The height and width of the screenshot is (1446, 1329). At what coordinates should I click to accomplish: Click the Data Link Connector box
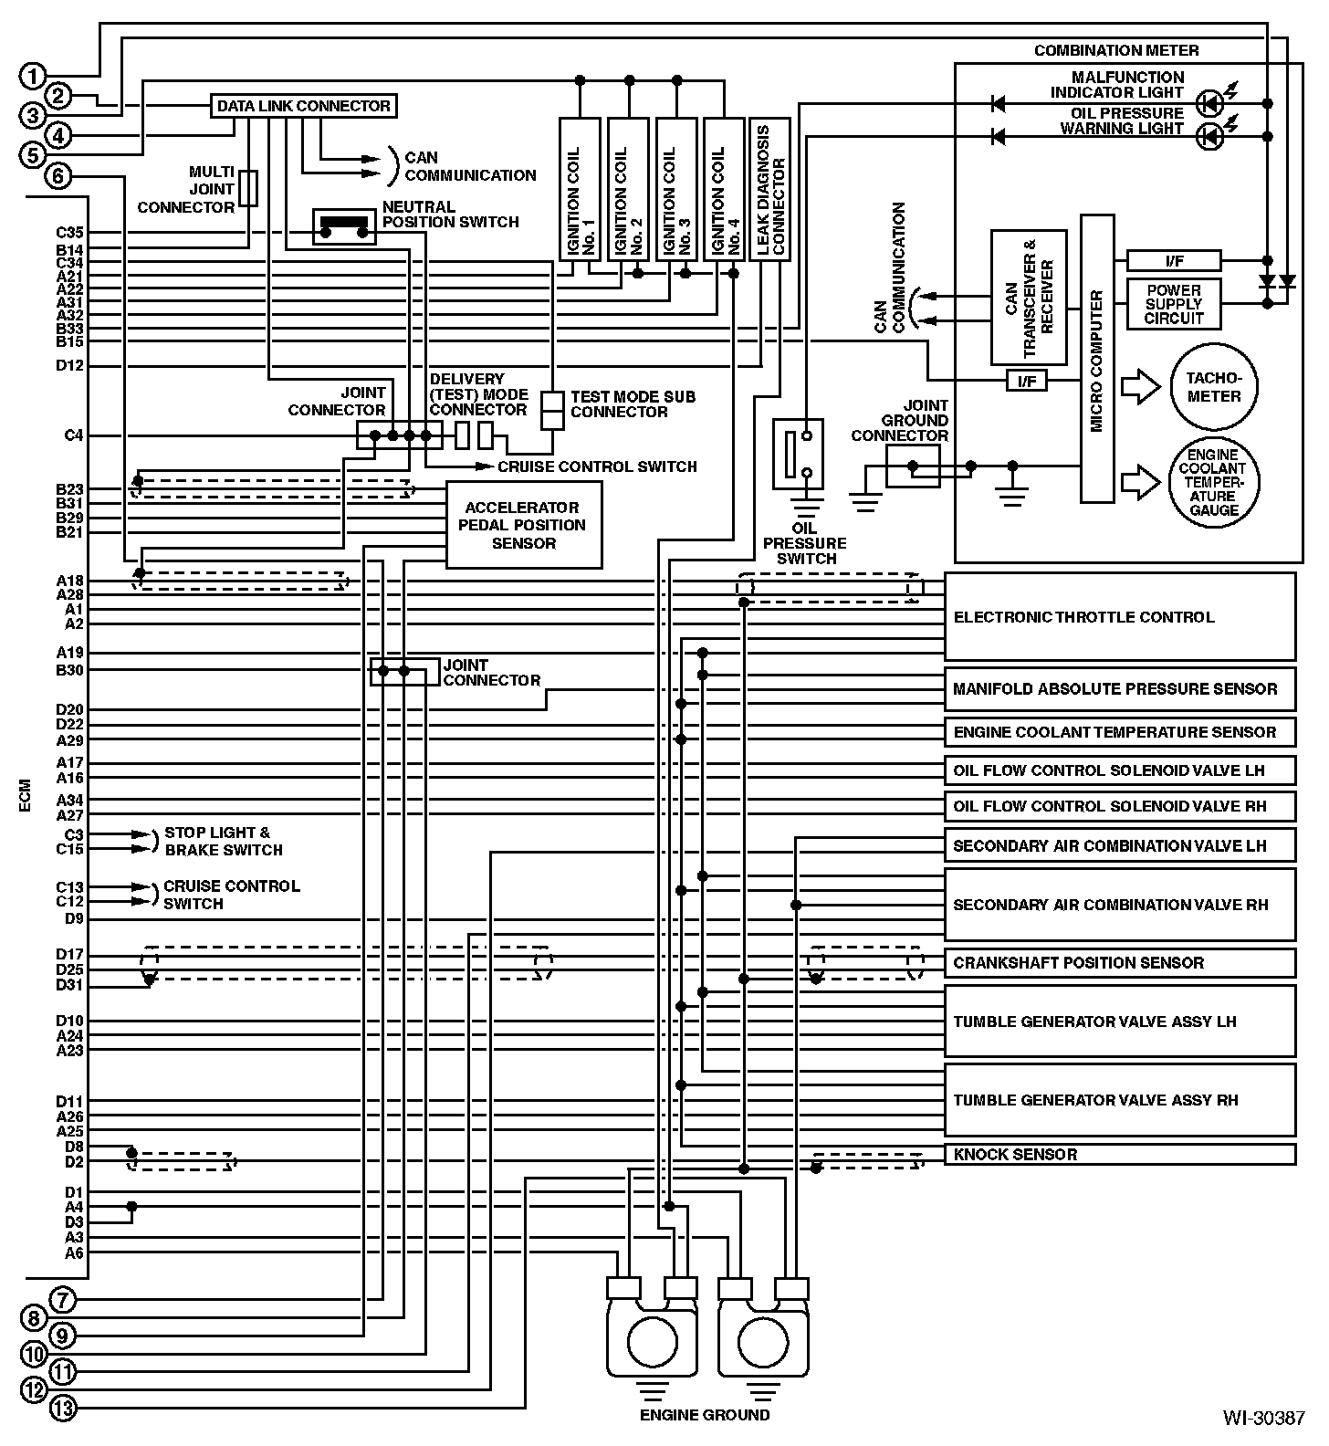pyautogui.click(x=303, y=106)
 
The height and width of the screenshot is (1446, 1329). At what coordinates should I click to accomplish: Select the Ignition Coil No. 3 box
pyautogui.click(x=676, y=189)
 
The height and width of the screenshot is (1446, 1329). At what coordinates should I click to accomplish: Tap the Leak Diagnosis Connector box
pyautogui.click(x=769, y=189)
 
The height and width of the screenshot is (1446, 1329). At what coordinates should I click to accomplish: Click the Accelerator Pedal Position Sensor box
pyautogui.click(x=524, y=525)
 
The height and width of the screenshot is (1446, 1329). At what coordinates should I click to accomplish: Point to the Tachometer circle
pyautogui.click(x=1213, y=388)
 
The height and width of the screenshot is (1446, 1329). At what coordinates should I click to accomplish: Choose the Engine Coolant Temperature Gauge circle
pyautogui.click(x=1213, y=483)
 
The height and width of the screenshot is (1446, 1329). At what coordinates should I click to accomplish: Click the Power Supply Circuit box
pyautogui.click(x=1174, y=304)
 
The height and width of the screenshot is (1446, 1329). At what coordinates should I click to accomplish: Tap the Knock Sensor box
pyautogui.click(x=1120, y=1154)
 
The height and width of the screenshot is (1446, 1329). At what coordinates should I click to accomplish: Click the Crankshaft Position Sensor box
pyautogui.click(x=1120, y=963)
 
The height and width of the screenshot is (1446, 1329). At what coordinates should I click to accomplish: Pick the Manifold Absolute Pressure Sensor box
pyautogui.click(x=1120, y=689)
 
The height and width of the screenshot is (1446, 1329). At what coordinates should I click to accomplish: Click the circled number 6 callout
pyautogui.click(x=58, y=175)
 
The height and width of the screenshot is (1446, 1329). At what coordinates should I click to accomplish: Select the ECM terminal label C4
pyautogui.click(x=74, y=435)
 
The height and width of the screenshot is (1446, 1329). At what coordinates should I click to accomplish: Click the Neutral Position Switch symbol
pyautogui.click(x=344, y=226)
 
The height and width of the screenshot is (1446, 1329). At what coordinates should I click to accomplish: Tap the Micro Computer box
pyautogui.click(x=1097, y=359)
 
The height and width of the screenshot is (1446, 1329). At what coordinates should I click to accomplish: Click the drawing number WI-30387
pyautogui.click(x=1264, y=1418)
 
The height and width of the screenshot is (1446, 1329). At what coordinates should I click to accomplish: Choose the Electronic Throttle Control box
pyautogui.click(x=1120, y=616)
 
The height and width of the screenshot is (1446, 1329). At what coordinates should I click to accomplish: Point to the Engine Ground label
pyautogui.click(x=705, y=1415)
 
